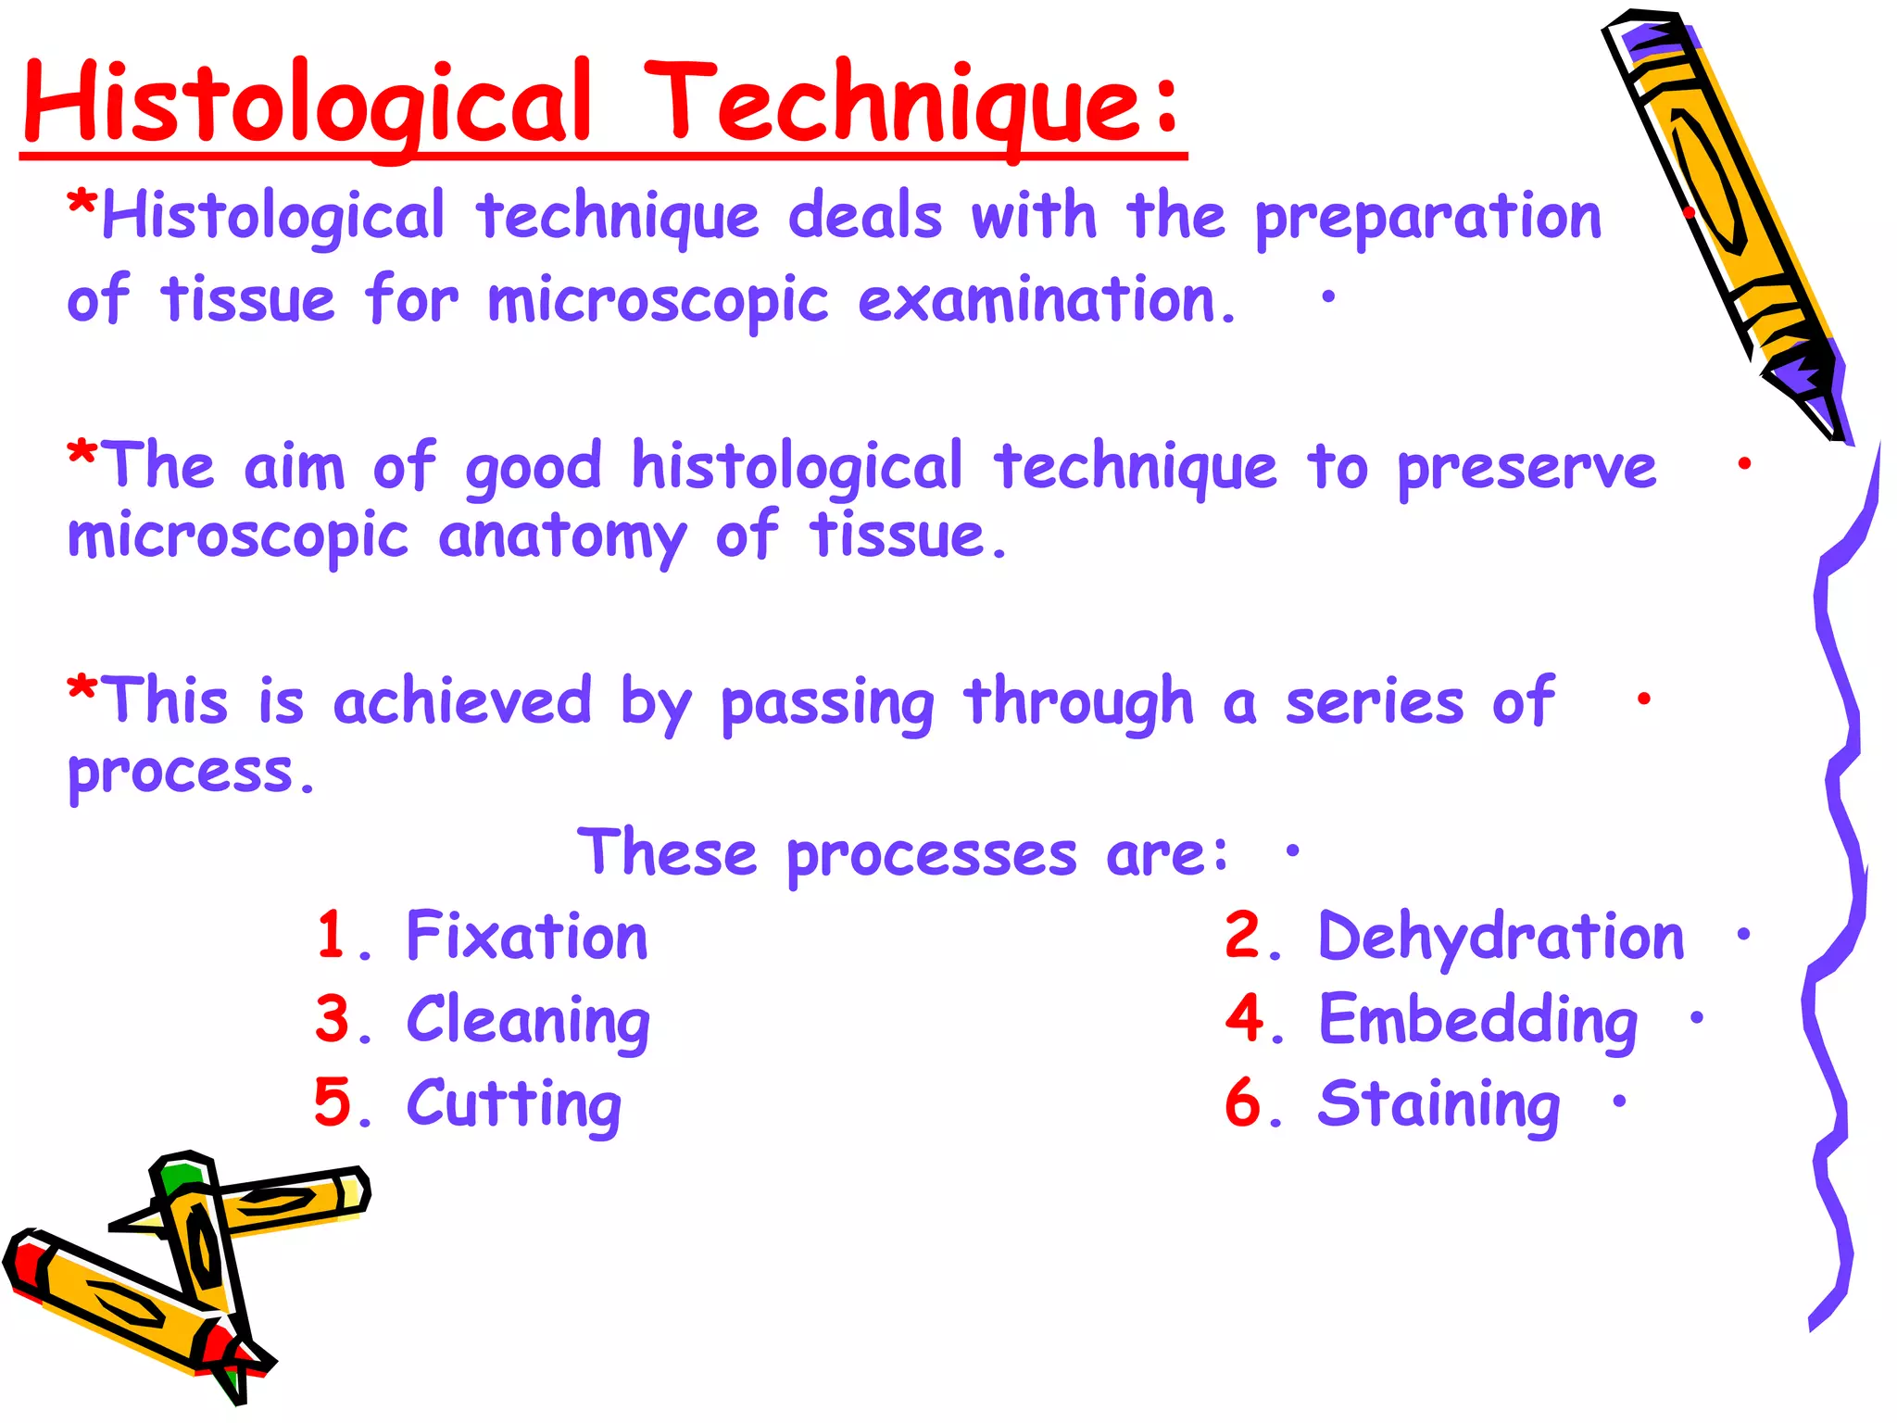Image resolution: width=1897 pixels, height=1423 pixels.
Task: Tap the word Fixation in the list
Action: (x=527, y=936)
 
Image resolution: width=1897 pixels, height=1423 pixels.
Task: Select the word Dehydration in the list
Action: (x=1501, y=936)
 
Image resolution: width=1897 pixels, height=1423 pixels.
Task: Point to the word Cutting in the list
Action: (x=514, y=1104)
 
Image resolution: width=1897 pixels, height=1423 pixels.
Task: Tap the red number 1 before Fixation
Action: (x=332, y=934)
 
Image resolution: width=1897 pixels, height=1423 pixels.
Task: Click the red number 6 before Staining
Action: (x=1243, y=1103)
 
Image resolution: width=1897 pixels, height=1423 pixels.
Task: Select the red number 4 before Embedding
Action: (x=1244, y=1018)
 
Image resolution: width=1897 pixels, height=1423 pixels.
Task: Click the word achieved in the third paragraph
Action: (x=462, y=700)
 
